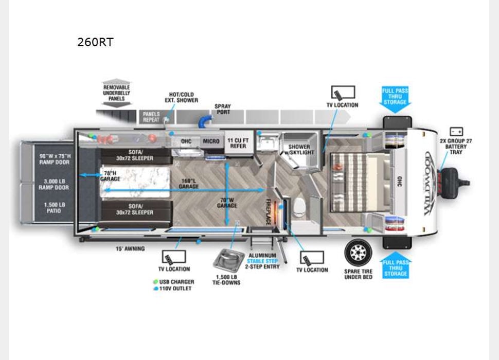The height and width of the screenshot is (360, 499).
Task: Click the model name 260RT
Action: (95, 42)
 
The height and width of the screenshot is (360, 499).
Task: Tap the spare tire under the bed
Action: (358, 253)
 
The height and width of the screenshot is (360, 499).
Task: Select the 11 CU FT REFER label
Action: (237, 143)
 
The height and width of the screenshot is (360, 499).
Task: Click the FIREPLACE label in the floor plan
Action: (269, 212)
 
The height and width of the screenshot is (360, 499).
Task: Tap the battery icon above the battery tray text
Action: (456, 131)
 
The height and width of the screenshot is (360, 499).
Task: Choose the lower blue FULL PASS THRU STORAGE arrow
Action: (395, 266)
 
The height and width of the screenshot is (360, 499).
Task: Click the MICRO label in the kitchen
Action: (211, 141)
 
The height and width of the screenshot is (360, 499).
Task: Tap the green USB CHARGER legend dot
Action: (155, 282)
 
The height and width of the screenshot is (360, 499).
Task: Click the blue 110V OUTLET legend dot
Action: (155, 289)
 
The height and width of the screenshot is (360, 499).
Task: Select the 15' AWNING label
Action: (130, 249)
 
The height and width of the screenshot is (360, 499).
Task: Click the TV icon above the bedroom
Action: (343, 93)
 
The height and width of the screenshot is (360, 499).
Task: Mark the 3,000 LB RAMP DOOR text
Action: (54, 184)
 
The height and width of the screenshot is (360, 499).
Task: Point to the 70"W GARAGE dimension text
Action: (227, 203)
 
